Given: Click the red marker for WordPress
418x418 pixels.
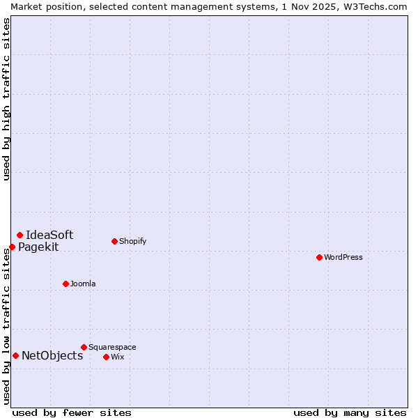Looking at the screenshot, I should pyautogui.click(x=319, y=257).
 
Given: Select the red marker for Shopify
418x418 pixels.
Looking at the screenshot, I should pyautogui.click(x=114, y=241).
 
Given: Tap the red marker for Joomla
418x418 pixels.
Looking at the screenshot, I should pyautogui.click(x=65, y=284).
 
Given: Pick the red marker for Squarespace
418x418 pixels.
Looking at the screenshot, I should pyautogui.click(x=84, y=347).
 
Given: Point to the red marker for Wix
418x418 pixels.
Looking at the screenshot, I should pyautogui.click(x=106, y=357).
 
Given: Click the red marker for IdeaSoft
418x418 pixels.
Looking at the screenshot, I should pyautogui.click(x=20, y=235).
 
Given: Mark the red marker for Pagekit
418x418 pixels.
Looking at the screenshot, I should pyautogui.click(x=12, y=247).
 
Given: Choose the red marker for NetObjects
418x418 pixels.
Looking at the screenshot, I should pyautogui.click(x=15, y=355).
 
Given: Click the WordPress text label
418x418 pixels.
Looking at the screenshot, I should pyautogui.click(x=343, y=257).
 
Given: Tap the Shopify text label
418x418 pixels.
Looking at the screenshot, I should pyautogui.click(x=132, y=241).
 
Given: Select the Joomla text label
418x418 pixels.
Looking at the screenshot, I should pyautogui.click(x=83, y=284).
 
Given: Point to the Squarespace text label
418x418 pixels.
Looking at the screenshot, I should pyautogui.click(x=112, y=347).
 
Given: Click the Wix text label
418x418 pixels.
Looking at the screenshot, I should pyautogui.click(x=117, y=357).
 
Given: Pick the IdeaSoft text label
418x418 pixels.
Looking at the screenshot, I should pyautogui.click(x=49, y=235).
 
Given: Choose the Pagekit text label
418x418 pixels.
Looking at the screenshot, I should pyautogui.click(x=38, y=247).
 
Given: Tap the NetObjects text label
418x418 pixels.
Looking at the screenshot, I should pyautogui.click(x=52, y=355).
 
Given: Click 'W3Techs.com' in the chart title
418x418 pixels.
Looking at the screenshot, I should pyautogui.click(x=379, y=6).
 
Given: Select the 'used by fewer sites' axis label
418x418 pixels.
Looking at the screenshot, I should pyautogui.click(x=72, y=412).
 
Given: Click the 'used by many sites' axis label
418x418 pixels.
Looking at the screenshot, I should pyautogui.click(x=350, y=412).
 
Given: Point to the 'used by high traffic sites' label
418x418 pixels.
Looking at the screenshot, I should pyautogui.click(x=6, y=99).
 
